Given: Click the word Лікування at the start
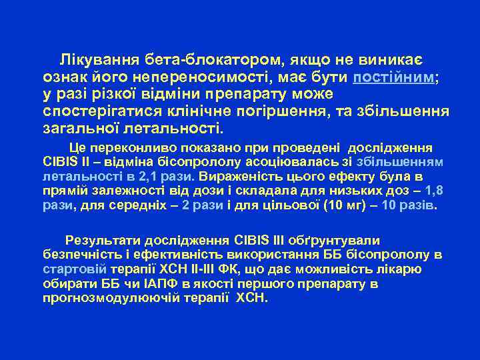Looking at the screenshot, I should [x=93, y=59].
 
